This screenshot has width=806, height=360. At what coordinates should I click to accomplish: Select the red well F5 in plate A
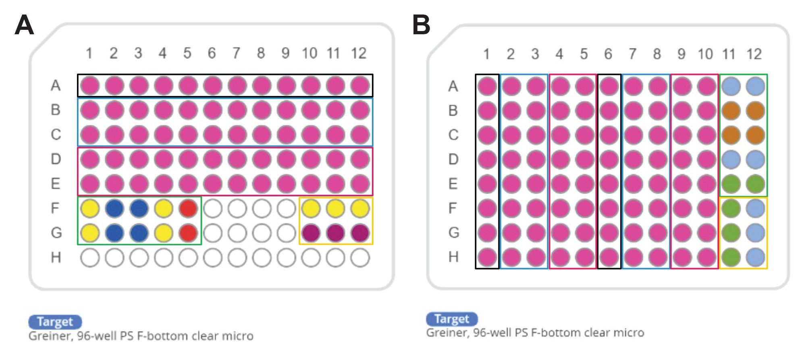[x=188, y=208]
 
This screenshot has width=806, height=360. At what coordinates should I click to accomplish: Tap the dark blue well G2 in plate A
[x=114, y=233]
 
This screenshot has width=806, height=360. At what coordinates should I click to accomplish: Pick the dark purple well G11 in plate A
[x=335, y=233]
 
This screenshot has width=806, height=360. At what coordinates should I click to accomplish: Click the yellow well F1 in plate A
[x=90, y=208]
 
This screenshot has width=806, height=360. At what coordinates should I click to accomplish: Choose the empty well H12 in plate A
[x=360, y=258]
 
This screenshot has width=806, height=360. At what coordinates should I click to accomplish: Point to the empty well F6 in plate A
[x=212, y=208]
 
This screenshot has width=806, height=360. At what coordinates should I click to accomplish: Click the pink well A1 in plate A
[x=90, y=85]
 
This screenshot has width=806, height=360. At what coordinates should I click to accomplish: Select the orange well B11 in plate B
[x=731, y=110]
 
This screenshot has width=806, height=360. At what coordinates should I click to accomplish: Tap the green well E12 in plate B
[x=755, y=184]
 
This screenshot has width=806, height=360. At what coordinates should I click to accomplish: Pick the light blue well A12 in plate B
[x=755, y=86]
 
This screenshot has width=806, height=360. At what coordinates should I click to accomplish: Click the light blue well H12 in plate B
[x=755, y=257]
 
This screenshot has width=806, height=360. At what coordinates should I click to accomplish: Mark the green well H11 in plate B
[x=731, y=257]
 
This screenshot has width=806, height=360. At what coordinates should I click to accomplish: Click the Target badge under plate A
[x=55, y=322]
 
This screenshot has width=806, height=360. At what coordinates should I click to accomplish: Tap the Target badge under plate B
[x=452, y=319]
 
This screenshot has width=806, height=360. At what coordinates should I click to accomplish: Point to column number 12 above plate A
[x=359, y=53]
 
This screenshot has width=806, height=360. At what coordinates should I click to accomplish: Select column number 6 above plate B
[x=608, y=54]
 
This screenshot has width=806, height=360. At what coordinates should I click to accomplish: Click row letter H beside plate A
[x=56, y=257]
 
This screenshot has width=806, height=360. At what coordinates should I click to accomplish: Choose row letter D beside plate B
[x=453, y=159]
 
